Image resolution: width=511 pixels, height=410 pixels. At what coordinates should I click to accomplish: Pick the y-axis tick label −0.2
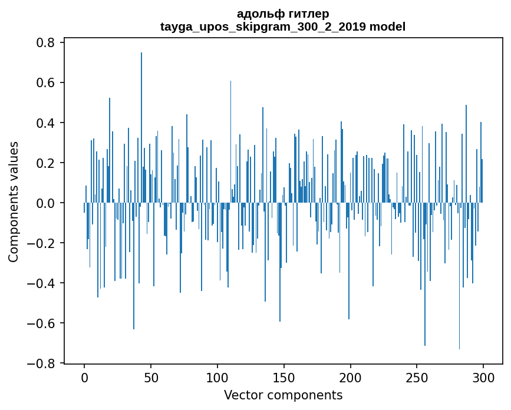coord(43,243)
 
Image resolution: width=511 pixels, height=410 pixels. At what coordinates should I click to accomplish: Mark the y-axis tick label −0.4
coord(43,283)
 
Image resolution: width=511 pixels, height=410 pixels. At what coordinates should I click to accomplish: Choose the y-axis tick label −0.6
coord(43,323)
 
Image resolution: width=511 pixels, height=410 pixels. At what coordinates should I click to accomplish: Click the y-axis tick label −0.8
coord(43,363)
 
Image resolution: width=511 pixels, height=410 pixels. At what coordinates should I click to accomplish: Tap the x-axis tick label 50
coord(151,377)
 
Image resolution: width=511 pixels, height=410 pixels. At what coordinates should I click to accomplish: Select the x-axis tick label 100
coord(217,377)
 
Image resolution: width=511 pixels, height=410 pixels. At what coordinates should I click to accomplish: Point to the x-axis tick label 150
coord(284,377)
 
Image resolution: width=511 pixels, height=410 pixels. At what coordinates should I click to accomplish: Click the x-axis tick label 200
coord(351,377)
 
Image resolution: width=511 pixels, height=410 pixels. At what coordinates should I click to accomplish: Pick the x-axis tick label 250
coord(417,377)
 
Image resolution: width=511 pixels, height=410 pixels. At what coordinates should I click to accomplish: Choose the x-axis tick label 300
coord(483,377)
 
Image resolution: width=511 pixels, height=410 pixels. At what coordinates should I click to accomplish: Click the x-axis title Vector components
coord(283,395)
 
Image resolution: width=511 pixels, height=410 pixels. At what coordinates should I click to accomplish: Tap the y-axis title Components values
coord(14,201)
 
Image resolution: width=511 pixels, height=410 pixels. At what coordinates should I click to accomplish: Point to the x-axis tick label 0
coord(84,377)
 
